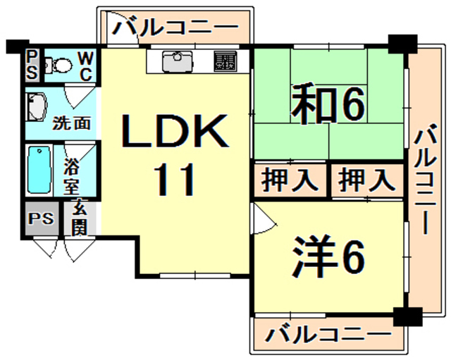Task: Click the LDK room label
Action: pos(175,130)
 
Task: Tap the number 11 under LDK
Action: pos(173,179)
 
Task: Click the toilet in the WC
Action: pos(58,66)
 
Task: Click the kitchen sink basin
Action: pos(177,61)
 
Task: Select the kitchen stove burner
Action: pos(225,61)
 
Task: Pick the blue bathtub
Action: pos(39,170)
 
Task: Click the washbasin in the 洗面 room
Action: pos(36,106)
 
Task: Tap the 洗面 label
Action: pos(71,123)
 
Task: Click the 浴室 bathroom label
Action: pos(71,176)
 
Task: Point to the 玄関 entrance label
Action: pos(79,216)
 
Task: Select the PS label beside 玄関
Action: pos(42,218)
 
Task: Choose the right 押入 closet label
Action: pos(366,181)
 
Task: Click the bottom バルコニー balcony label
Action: pos(328,334)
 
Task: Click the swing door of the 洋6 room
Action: pos(264,218)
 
